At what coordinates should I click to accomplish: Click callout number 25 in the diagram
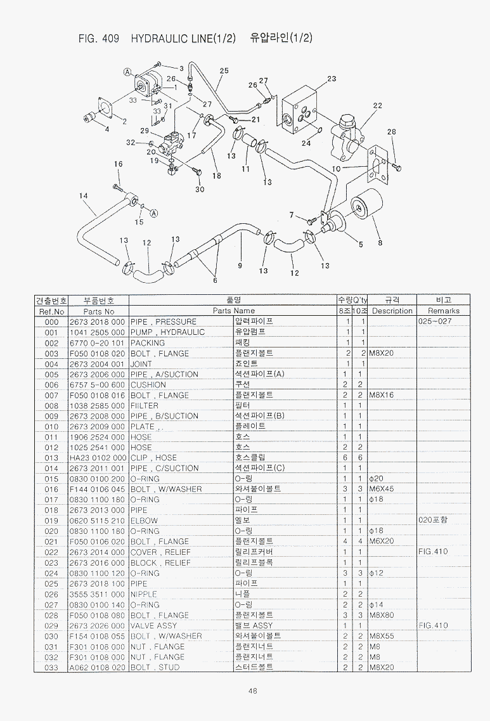coord(224,71)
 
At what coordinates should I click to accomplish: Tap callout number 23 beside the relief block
coord(332,79)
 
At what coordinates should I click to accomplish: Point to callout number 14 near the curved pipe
coord(83,196)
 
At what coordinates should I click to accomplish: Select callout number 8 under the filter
coord(380,242)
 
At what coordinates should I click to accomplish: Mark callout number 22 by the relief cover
coord(378,105)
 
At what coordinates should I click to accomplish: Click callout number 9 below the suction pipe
coord(240,265)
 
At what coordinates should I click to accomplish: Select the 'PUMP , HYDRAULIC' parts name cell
coord(167,332)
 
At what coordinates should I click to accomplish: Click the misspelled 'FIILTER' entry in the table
coord(145,405)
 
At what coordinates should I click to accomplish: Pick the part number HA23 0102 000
coord(97,458)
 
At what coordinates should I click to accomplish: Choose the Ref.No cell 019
coord(51,521)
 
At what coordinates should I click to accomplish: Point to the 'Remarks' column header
coord(443,311)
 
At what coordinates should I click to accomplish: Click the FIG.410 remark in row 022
coord(433,552)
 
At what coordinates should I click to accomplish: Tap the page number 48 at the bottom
coord(252,691)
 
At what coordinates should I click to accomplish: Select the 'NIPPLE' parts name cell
coord(143,594)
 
